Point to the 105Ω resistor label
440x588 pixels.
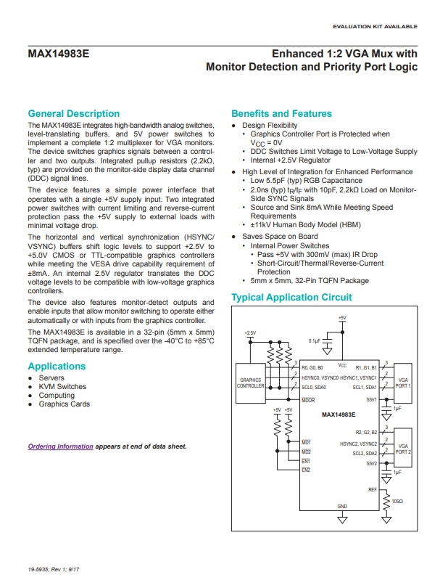coord(397,501)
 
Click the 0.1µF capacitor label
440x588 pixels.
coord(315,340)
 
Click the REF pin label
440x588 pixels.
coord(373,490)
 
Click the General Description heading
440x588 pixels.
coord(73,114)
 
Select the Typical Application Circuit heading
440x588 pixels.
coord(291,298)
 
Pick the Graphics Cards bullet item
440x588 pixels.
coord(65,404)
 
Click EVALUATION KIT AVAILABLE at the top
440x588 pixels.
coord(375,27)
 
